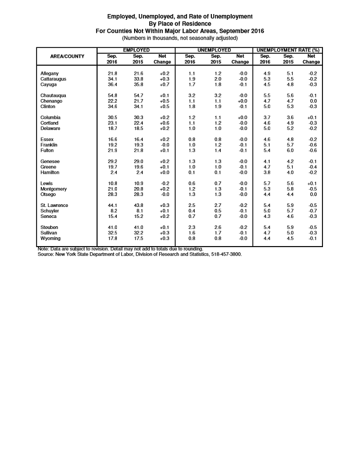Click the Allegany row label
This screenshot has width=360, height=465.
pos(50,74)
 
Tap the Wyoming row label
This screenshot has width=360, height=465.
pos(51,238)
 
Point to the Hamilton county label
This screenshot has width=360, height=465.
pos(50,172)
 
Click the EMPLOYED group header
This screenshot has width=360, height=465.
pos(136,49)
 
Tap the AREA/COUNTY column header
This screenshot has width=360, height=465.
pos(67,56)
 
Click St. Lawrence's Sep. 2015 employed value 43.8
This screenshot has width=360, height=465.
pos(138,205)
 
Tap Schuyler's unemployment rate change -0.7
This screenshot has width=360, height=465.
pos(313,211)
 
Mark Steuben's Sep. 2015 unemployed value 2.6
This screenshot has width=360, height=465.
pos(215,227)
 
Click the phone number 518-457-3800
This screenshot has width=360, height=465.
pos(227,254)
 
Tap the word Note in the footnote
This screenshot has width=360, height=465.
pos(43,249)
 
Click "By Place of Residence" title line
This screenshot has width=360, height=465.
pos(180,23)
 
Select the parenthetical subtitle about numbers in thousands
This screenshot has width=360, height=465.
pos(180,38)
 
